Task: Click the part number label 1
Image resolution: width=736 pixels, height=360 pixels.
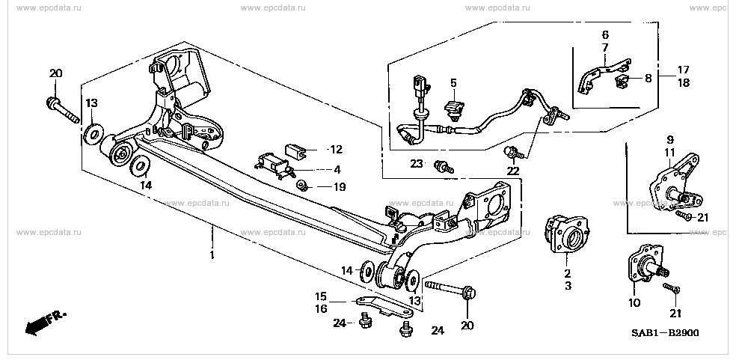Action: click(x=212, y=256)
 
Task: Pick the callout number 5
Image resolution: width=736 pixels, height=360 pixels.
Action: click(x=453, y=82)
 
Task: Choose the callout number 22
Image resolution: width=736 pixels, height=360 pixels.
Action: click(x=513, y=171)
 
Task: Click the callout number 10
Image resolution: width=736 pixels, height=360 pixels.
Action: click(x=635, y=303)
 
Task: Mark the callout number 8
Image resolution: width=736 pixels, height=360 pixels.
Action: click(x=648, y=77)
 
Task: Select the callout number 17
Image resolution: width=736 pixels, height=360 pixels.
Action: click(x=684, y=70)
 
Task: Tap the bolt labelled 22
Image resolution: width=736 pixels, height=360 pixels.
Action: click(x=511, y=154)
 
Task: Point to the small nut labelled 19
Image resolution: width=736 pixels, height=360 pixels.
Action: click(x=300, y=184)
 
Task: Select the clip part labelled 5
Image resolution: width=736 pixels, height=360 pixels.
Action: click(x=453, y=110)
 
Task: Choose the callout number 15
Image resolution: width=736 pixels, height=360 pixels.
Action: click(x=320, y=296)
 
